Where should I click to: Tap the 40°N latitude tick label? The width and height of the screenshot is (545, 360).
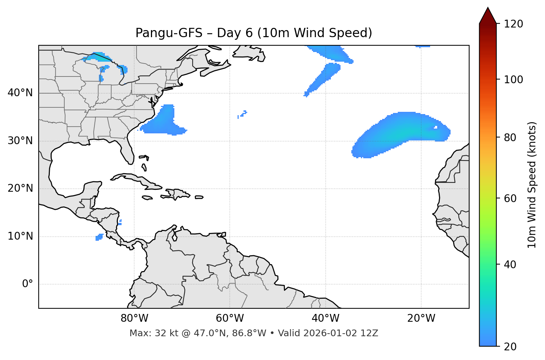coord(20,93)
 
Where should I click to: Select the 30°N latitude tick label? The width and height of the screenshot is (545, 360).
coord(20,141)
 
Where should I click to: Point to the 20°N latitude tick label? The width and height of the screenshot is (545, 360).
coord(20,188)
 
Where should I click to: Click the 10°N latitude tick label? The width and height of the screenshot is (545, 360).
coord(20,236)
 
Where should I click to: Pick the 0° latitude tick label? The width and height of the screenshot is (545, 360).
coord(28,284)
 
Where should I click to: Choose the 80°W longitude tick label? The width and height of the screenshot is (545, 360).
coord(134,318)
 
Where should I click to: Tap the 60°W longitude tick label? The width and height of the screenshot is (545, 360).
coord(230,318)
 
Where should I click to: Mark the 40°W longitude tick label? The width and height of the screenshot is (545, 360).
coord(325,318)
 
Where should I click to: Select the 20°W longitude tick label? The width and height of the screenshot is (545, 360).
coord(421,318)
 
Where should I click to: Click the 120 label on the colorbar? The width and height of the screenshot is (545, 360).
coord(513,24)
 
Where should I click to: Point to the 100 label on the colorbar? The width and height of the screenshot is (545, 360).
coord(513,80)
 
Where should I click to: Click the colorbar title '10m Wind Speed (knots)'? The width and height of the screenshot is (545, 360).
coord(532,185)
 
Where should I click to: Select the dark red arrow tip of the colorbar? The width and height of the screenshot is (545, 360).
coord(488,15)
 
